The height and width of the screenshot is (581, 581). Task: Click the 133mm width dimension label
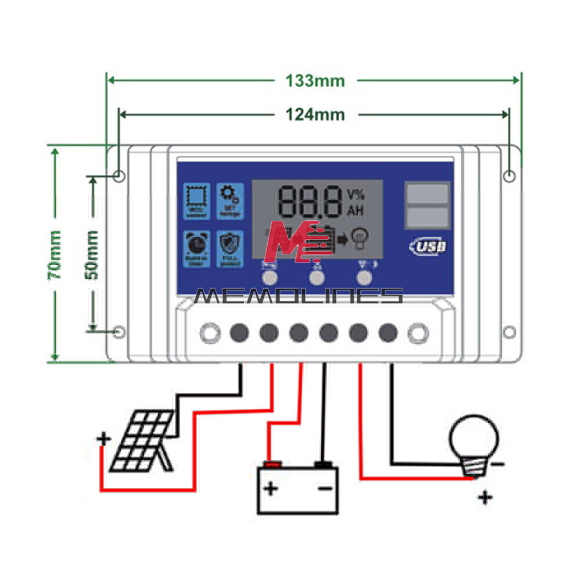tap(315, 80)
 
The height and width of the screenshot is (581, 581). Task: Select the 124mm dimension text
tap(315, 114)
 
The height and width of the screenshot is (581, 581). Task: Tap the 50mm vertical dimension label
tap(91, 255)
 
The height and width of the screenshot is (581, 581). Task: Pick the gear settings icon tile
tap(227, 201)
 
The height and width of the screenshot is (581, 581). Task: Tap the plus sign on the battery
tap(271, 489)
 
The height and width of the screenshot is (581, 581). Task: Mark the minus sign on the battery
tap(325, 489)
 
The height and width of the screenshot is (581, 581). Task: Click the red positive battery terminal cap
tap(271, 464)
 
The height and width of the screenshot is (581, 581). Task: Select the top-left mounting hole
tap(119, 175)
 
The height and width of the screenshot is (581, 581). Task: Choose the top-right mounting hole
tap(509, 175)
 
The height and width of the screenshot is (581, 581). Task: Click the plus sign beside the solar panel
tap(103, 439)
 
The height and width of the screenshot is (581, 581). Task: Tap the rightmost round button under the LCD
tap(364, 277)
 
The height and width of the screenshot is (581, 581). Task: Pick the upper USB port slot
tap(428, 194)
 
